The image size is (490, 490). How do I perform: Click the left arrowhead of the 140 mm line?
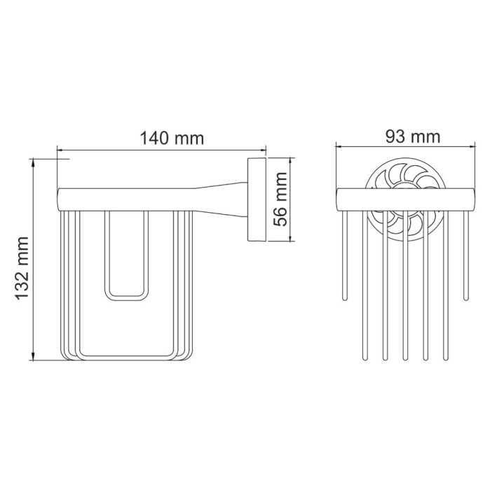60,149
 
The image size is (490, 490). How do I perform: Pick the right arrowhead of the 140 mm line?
264,149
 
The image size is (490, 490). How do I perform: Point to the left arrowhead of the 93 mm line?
340,147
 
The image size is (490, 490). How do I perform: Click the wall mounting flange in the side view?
254,200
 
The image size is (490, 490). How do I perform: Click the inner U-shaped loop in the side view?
127,259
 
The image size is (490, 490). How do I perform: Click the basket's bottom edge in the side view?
127,361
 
